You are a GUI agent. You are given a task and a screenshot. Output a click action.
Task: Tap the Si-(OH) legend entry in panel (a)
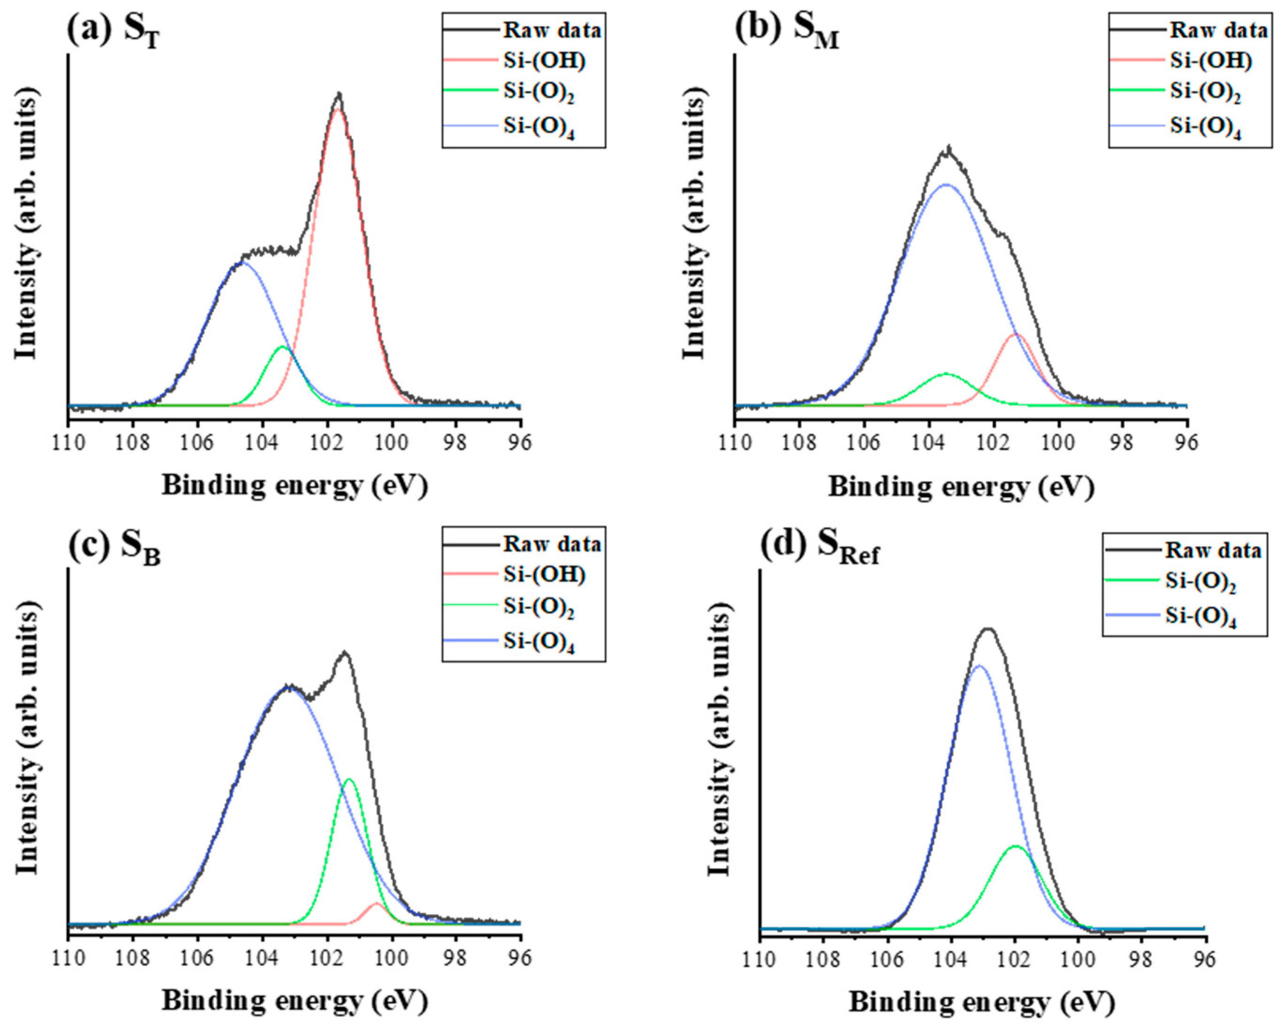pos(544,60)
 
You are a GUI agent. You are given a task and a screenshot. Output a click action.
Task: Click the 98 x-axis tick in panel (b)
pos(1123,442)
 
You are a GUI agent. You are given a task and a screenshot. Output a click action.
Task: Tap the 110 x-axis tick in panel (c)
pos(69,958)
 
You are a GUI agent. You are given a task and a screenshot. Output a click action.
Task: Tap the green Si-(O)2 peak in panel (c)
pos(349,779)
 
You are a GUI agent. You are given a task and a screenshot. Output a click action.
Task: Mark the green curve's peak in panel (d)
pos(1015,846)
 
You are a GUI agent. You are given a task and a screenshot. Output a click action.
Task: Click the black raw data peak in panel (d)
pos(988,628)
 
